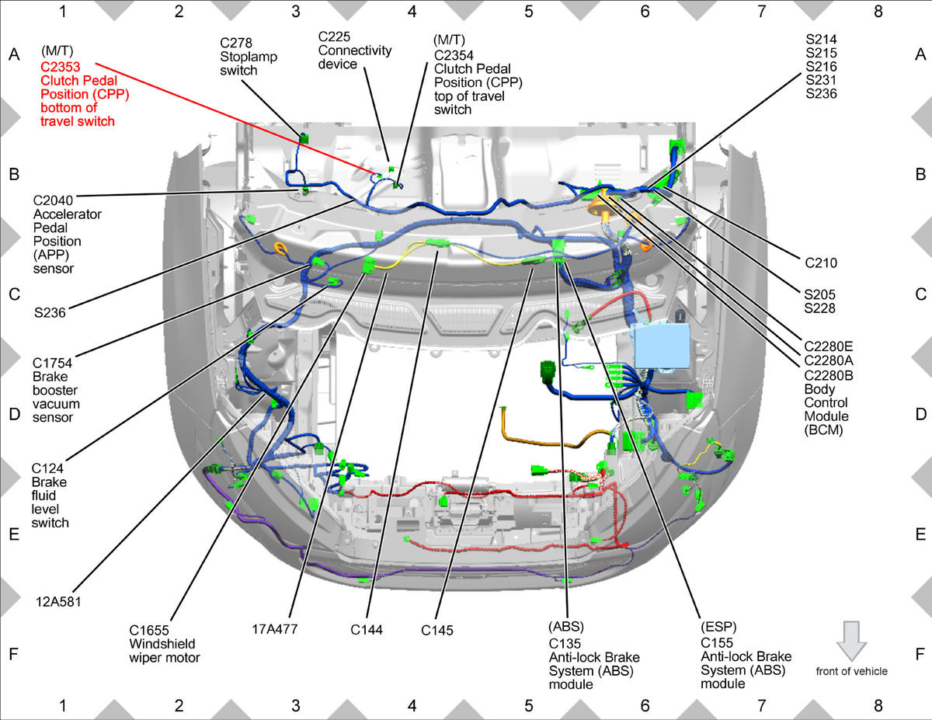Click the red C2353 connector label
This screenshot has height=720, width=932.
click(x=60, y=67)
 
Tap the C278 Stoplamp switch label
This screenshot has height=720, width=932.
click(x=249, y=57)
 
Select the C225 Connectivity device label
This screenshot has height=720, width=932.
click(x=355, y=50)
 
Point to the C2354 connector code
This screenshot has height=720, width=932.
click(x=454, y=55)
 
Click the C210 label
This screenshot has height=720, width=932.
click(x=820, y=263)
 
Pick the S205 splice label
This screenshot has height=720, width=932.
click(x=819, y=294)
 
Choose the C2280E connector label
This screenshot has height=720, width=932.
click(x=828, y=346)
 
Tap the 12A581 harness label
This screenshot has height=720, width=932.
click(x=58, y=602)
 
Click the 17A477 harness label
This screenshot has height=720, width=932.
click(x=274, y=629)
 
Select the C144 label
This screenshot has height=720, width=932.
click(x=367, y=630)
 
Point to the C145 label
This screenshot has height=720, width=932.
click(x=436, y=630)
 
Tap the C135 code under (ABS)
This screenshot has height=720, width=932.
click(x=565, y=643)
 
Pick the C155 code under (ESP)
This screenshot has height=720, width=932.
click(x=717, y=643)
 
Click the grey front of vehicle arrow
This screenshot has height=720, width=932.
click(x=851, y=641)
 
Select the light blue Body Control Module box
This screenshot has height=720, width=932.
click(x=662, y=346)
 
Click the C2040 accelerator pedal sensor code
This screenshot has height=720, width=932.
click(x=53, y=200)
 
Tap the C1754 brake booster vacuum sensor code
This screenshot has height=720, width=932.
click(x=52, y=363)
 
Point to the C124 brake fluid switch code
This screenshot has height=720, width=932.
click(x=47, y=468)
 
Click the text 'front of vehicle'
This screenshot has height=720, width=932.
click(x=851, y=671)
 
